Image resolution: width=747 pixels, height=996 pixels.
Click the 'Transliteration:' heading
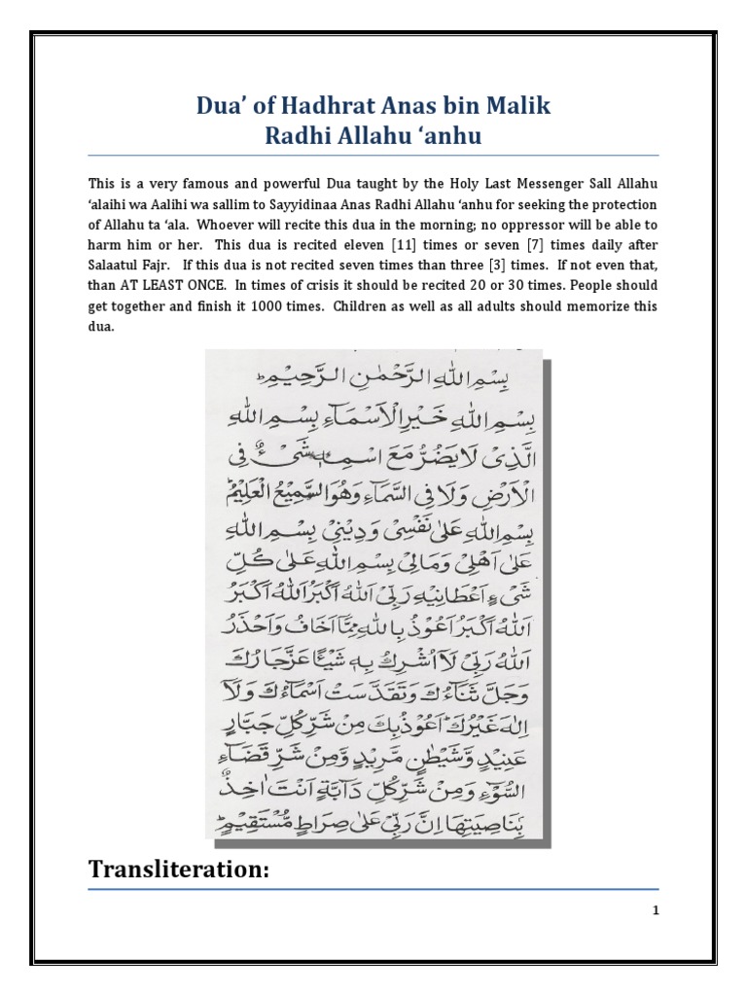click(x=178, y=871)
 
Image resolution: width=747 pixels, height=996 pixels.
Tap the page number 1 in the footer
click(x=656, y=911)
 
